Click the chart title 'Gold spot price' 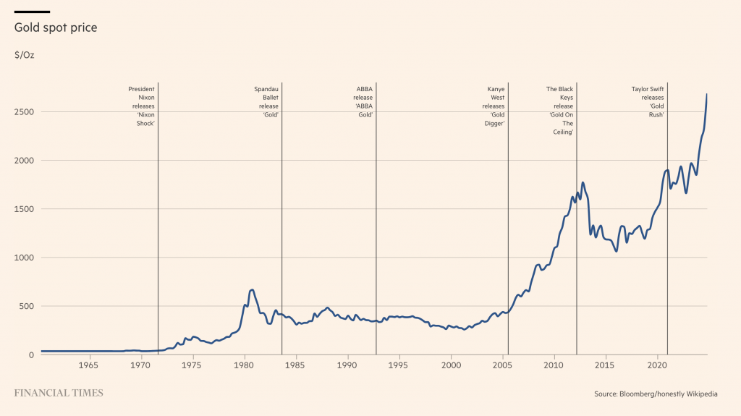(56, 27)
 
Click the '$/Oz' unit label (24, 55)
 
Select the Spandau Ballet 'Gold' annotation (266, 102)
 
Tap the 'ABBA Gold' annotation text (363, 102)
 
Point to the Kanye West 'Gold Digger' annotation (494, 106)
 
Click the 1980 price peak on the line (251, 289)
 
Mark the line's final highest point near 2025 (706, 95)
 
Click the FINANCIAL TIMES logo (59, 394)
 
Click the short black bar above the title (32, 12)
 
